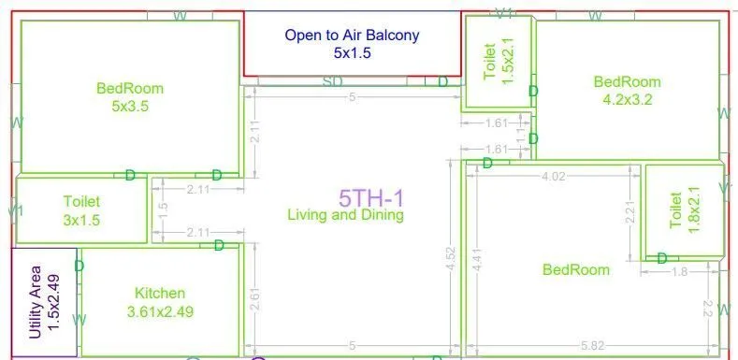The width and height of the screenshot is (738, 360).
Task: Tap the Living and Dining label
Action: [x=345, y=215]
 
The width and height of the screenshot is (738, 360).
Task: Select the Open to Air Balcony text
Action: [x=352, y=36]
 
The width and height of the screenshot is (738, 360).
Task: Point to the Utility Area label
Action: [x=44, y=301]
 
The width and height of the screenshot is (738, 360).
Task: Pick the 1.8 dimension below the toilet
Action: [x=682, y=271]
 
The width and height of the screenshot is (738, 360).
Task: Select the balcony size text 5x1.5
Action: [x=353, y=53]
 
